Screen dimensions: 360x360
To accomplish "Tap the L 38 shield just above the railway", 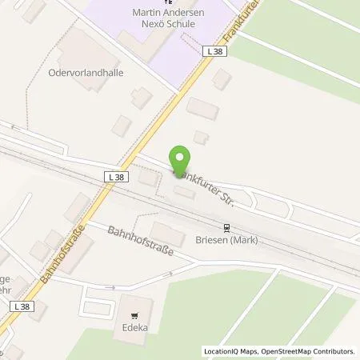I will click(x=114, y=175).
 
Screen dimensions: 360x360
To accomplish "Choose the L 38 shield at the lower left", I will click(x=20, y=307).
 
